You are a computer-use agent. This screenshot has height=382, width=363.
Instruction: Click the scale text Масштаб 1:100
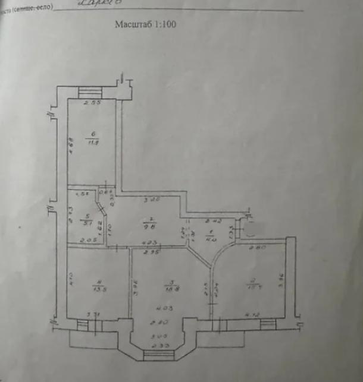coord(145,26)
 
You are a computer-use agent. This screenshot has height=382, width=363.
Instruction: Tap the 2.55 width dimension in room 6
coord(90,104)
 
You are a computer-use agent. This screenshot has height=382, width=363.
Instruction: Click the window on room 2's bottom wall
coord(267,323)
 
